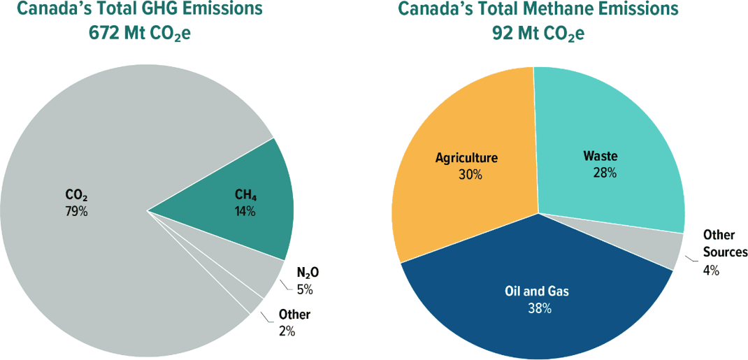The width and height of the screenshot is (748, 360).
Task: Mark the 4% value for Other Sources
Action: coord(710,271)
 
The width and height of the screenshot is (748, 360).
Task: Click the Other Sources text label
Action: coord(724,243)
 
